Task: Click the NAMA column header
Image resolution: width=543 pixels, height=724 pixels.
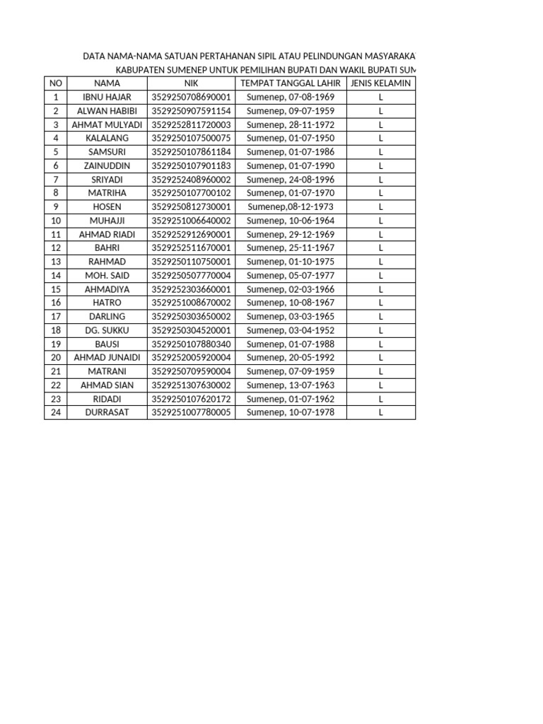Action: [x=107, y=83]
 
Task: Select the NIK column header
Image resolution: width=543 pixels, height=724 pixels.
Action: [x=192, y=83]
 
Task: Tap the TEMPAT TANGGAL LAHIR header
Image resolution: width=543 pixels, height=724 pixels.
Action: [x=291, y=83]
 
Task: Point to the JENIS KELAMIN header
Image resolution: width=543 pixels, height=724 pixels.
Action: [x=380, y=83]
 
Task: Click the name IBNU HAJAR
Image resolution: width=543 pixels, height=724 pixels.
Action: [x=107, y=97]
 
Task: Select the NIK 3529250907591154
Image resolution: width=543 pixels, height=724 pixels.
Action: [x=192, y=111]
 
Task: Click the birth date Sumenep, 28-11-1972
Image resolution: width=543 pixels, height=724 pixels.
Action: [x=291, y=124]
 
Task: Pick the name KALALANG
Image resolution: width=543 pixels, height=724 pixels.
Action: [x=107, y=138]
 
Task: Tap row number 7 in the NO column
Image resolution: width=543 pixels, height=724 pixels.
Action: [x=55, y=180]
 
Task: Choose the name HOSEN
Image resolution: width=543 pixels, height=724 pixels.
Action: [x=107, y=206]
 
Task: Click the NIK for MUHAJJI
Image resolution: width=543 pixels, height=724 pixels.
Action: [x=192, y=221]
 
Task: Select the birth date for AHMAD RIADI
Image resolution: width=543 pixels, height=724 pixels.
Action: [x=291, y=234]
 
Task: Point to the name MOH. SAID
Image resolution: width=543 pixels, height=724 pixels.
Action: [x=107, y=275]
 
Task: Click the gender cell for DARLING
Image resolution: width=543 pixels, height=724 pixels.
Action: [x=380, y=316]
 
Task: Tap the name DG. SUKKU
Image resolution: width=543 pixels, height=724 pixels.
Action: [x=107, y=330]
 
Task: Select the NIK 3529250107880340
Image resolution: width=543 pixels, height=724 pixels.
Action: [x=192, y=344]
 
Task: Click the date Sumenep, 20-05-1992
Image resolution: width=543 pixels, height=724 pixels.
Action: [x=291, y=357]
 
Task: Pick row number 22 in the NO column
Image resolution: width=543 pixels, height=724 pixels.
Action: [x=55, y=385]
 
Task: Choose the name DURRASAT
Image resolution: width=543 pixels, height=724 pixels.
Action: [x=107, y=412]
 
